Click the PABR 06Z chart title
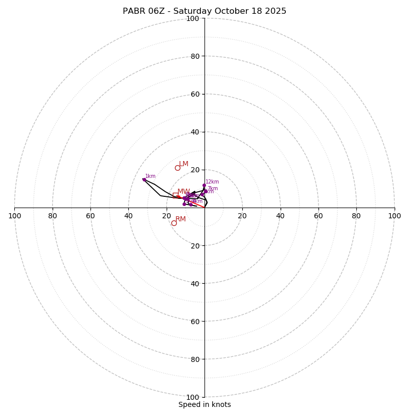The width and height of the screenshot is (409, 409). tap(204, 11)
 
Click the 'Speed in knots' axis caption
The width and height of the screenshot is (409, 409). tap(204, 404)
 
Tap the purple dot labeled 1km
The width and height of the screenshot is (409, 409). tap(144, 179)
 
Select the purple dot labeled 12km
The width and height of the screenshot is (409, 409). tap(204, 185)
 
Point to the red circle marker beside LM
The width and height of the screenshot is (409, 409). tap(177, 168)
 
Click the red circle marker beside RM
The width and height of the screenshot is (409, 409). tap(174, 223)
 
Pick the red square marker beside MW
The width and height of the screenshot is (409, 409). tap(175, 195)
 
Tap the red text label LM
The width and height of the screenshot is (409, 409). tap(184, 164)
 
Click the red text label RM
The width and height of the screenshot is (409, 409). tap(180, 219)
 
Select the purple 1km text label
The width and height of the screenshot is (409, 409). tap(150, 176)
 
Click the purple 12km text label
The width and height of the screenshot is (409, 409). tap(212, 181)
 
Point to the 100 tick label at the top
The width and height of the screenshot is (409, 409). tap(193, 18)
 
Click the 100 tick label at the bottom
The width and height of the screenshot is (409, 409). tap(193, 397)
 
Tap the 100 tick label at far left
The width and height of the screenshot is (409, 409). tap(14, 216)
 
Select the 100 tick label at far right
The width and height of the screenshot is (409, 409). tap(394, 216)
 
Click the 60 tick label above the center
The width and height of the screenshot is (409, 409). tap(195, 94)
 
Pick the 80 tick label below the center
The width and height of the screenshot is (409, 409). tap(195, 359)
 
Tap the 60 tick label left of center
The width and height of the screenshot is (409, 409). tap(90, 216)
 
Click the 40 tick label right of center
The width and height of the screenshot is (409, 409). tap(280, 216)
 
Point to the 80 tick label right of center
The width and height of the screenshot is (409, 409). tap(356, 216)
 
